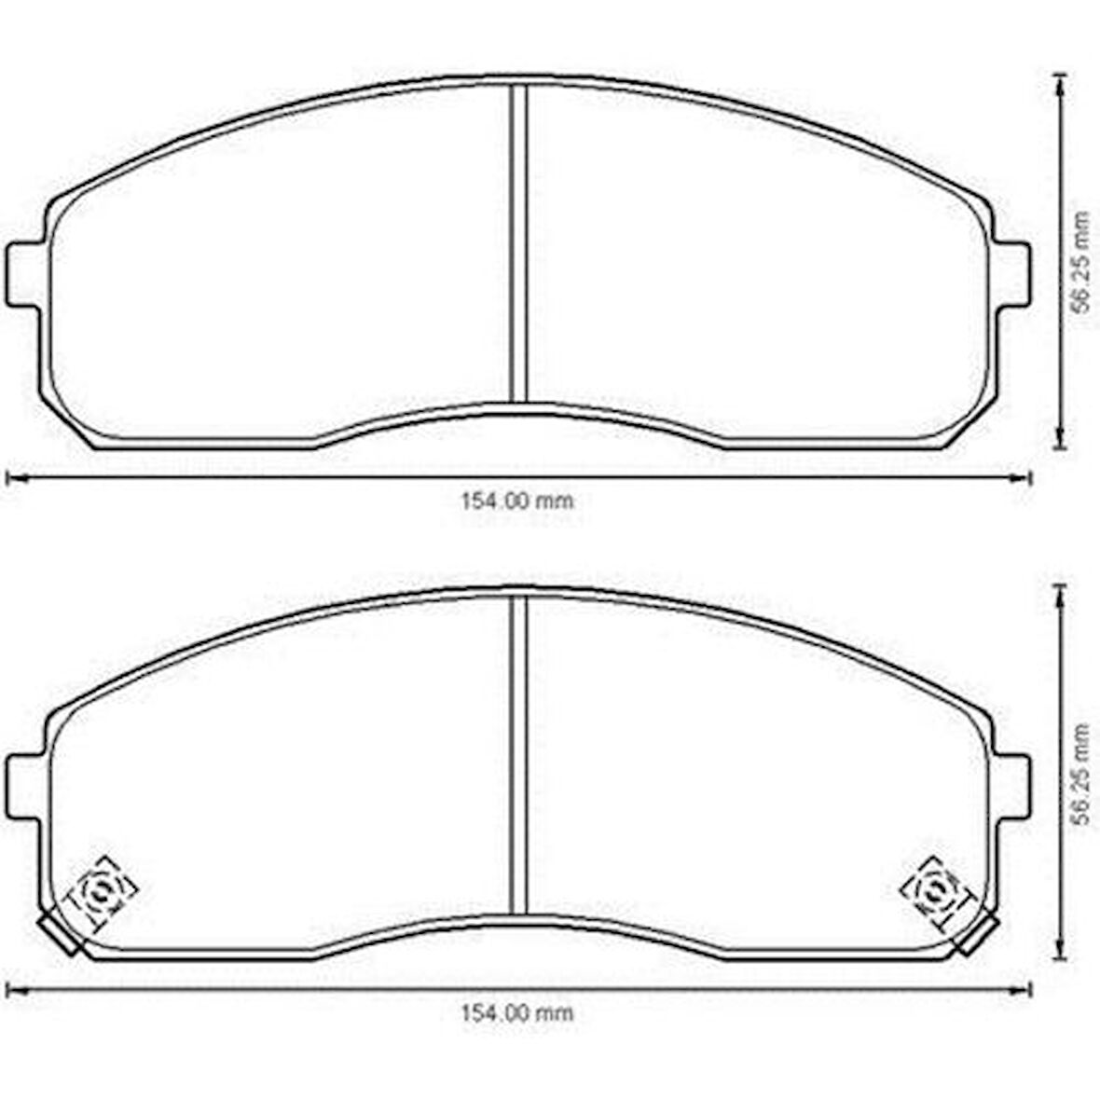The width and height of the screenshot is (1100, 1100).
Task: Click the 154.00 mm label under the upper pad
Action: pyautogui.click(x=517, y=501)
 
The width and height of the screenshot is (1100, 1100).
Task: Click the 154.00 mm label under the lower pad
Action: pyautogui.click(x=517, y=1013)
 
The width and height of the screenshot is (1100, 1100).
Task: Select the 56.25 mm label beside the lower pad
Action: pyautogui.click(x=1081, y=773)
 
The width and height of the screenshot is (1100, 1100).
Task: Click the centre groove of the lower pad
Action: pyautogui.click(x=518, y=755)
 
